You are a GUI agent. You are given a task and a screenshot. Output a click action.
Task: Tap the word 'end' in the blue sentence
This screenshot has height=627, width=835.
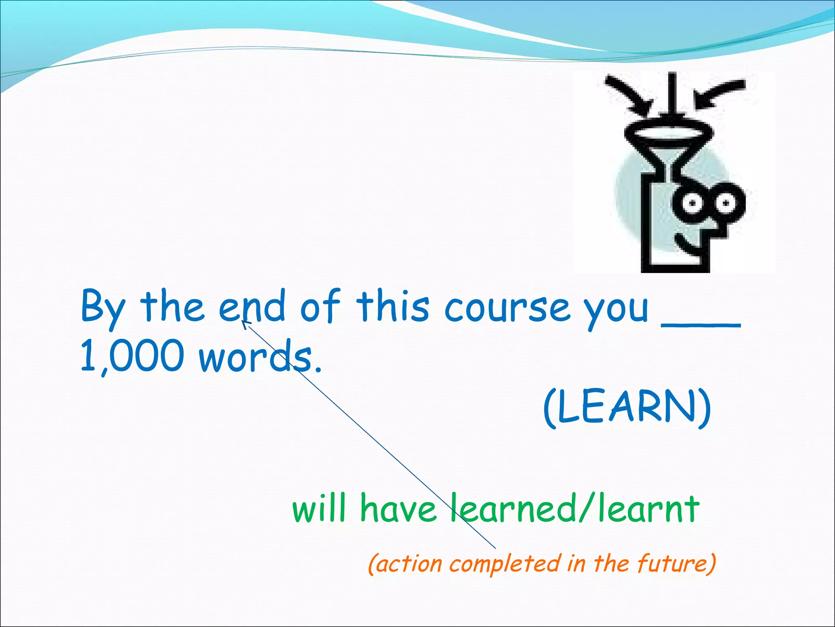click(x=252, y=306)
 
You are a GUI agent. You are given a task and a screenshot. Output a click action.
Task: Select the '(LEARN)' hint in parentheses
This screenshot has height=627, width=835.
click(x=627, y=408)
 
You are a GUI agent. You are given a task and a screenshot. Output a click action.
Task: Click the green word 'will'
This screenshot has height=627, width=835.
click(x=319, y=509)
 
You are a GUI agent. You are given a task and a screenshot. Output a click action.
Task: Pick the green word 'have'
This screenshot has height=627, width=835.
click(x=398, y=509)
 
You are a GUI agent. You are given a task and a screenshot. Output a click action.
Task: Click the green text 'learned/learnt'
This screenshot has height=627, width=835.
click(x=575, y=509)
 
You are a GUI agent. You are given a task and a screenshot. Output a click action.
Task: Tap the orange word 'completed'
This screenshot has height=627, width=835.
click(x=505, y=564)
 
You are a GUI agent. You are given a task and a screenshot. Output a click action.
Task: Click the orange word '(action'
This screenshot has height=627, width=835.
click(x=405, y=564)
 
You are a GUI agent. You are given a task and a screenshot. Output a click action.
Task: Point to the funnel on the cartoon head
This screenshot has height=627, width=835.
click(x=669, y=143)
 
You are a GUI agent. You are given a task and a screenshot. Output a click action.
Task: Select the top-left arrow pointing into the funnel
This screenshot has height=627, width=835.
click(x=628, y=94)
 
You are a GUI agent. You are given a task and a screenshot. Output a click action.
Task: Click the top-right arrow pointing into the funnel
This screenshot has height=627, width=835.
click(x=720, y=93)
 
